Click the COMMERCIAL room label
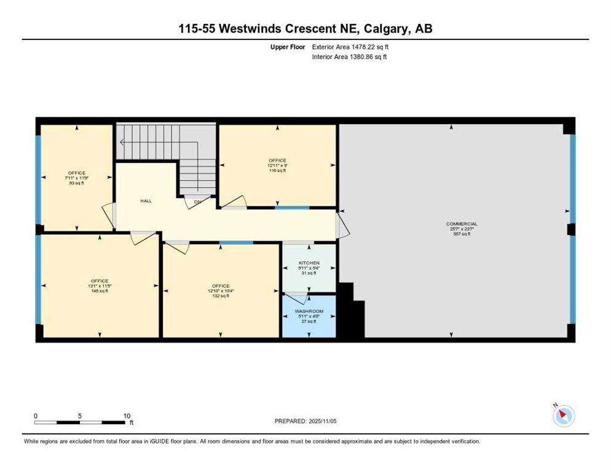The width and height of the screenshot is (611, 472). (x=462, y=224)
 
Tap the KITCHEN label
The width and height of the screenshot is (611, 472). (x=309, y=263)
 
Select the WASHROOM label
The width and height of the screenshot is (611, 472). (x=309, y=312)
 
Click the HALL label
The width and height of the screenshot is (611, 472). (x=146, y=201)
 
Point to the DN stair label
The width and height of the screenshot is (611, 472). (x=197, y=201)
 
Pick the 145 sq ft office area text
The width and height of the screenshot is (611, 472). (x=99, y=291)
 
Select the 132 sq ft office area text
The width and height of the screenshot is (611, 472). (x=221, y=296)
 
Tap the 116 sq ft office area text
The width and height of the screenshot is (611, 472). (x=277, y=171)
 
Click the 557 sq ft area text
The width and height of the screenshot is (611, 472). (x=462, y=234)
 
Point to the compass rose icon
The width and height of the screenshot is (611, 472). (x=563, y=416)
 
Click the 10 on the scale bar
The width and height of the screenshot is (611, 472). (x=127, y=415)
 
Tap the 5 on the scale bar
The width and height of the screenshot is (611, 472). (x=80, y=415)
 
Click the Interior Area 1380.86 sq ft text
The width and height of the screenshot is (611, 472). (x=349, y=57)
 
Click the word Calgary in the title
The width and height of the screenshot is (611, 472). (x=387, y=28)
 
